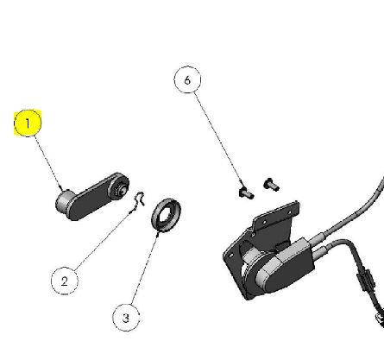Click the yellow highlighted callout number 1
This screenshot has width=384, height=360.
[28, 123]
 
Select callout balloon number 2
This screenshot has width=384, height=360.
[65, 281]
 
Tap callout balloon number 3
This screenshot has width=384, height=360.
[126, 318]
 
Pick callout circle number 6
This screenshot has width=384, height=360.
[187, 79]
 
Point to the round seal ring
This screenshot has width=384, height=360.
[166, 214]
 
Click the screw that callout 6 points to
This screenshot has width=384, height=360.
[246, 193]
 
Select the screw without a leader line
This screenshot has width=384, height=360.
[271, 184]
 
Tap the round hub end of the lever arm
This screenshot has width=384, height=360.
[119, 186]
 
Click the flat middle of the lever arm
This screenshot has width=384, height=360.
[91, 198]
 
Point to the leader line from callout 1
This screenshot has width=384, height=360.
[49, 163]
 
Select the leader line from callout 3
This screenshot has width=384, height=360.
[145, 269]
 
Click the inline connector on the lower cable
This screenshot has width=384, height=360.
[365, 280]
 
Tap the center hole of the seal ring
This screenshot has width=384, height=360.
[166, 214]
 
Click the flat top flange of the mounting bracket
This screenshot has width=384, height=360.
[276, 213]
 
